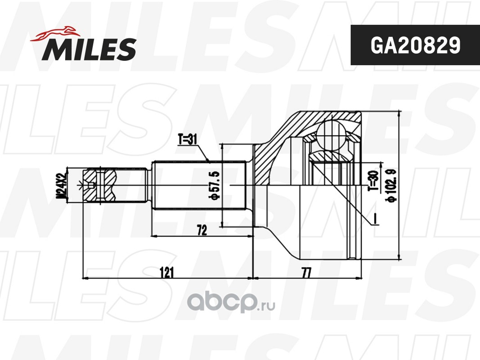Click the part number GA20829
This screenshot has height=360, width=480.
415,45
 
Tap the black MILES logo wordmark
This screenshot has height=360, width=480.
89,49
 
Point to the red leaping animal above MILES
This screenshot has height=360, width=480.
55,33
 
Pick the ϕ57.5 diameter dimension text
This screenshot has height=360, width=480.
214,186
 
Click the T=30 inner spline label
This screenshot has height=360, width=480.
373,180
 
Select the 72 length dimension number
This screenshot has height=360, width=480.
202,230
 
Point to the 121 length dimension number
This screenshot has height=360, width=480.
167,272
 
